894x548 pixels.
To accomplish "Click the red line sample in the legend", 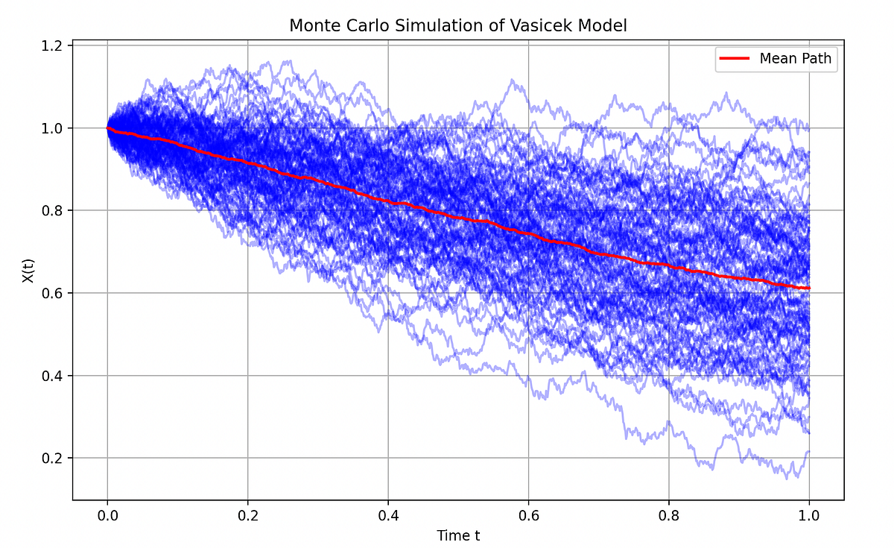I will pos(733,58).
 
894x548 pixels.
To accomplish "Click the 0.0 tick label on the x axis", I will pos(107,514).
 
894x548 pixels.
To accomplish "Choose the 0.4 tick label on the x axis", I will pos(388,514).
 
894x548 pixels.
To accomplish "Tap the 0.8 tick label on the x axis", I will pos(669,514).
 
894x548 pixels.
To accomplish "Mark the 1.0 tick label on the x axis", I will pos(809,514).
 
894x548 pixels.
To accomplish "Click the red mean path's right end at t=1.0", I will pos(809,288).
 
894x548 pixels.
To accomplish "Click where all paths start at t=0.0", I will pos(107,128).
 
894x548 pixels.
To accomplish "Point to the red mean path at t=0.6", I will pos(528,234).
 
